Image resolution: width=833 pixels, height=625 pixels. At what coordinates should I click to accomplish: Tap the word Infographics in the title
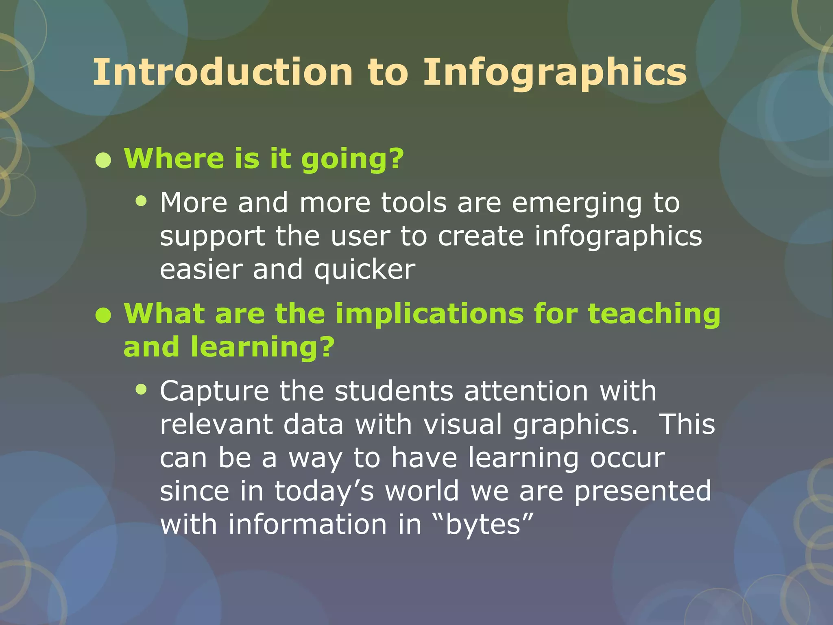point(555,72)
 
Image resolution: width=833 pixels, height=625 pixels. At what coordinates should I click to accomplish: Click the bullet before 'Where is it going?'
point(103,160)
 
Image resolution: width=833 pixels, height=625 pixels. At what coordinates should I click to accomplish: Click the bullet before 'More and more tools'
point(141,201)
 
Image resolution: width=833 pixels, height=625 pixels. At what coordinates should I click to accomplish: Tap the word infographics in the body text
point(618,236)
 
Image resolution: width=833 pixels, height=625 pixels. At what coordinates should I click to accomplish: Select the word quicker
point(364,269)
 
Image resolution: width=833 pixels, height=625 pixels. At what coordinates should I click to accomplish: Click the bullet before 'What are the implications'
point(103,316)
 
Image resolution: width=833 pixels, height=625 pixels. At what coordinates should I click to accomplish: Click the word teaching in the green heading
point(654,314)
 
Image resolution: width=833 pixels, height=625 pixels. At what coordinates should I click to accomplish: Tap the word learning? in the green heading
point(262,347)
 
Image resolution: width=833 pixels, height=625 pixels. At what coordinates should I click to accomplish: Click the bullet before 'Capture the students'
point(141,390)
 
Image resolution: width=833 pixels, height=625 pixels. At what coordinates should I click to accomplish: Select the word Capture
point(214,391)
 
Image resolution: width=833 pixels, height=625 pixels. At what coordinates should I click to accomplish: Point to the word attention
point(526,391)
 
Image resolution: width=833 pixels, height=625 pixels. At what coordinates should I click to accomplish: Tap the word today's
point(324,491)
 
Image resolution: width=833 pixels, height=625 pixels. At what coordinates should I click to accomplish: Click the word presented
point(643,491)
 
